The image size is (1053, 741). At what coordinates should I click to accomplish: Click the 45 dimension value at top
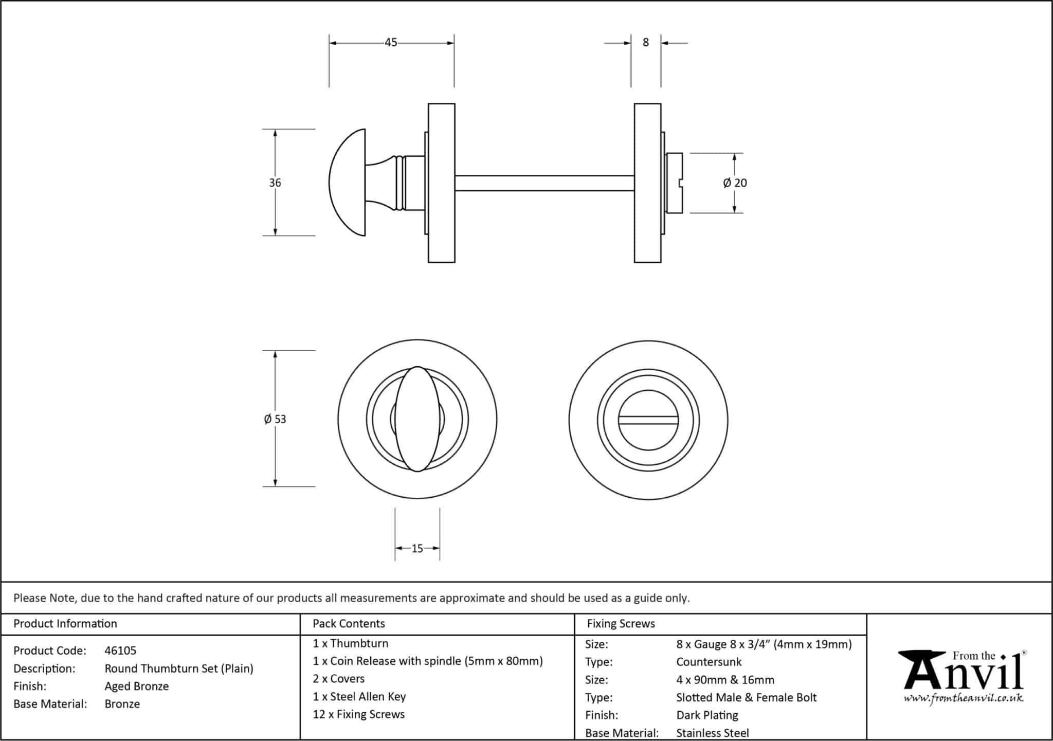coord(391,43)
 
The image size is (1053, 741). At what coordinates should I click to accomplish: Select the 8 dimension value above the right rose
coord(646,43)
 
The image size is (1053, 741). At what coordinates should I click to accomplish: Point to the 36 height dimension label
coord(275,183)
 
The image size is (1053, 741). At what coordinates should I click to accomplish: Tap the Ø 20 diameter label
coord(735,183)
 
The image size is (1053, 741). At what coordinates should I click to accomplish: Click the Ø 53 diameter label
coord(275,419)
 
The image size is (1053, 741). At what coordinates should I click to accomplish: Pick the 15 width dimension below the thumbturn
coord(417,549)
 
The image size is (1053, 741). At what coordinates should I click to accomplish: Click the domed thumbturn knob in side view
coord(348,183)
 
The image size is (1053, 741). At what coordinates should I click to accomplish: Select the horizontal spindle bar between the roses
coord(544,183)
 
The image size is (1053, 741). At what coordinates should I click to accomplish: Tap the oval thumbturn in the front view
coord(417,419)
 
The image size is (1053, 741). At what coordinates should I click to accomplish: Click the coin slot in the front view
coord(648,420)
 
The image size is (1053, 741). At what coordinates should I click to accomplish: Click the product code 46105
coord(120,650)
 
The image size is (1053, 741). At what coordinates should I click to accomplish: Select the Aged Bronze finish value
coord(137,686)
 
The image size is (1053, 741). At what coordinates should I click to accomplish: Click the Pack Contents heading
coord(349,624)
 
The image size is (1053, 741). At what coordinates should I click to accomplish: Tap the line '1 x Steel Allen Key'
coord(359,697)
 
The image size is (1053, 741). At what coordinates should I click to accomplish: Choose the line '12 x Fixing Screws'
coord(359,714)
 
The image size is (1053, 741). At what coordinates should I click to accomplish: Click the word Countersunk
coord(709,662)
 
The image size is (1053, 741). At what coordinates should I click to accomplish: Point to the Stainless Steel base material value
coord(713,733)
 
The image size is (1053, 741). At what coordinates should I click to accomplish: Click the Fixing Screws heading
coord(621,624)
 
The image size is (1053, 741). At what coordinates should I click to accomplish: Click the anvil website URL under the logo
coord(964,698)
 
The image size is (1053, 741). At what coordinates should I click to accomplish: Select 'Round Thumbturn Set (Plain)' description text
coord(179,668)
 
